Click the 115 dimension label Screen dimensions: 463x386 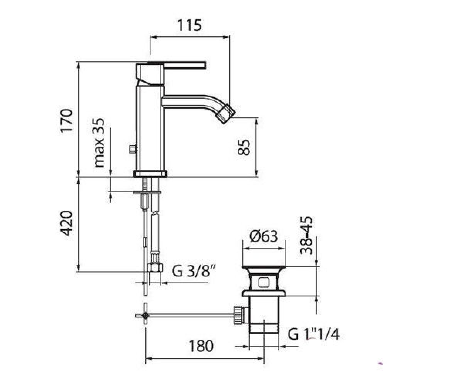pyautogui.click(x=189, y=25)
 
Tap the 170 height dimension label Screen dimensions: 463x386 pyautogui.click(x=66, y=121)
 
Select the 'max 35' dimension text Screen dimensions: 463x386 pyautogui.click(x=99, y=143)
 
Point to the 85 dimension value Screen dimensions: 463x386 pyautogui.click(x=244, y=147)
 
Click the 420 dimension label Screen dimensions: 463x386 pyautogui.click(x=66, y=223)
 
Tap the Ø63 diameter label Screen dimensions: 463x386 pyautogui.click(x=264, y=237)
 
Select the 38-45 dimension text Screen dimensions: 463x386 pyautogui.click(x=306, y=235)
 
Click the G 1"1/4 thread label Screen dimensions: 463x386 pyautogui.click(x=314, y=334)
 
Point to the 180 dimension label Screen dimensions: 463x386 pyautogui.click(x=201, y=346)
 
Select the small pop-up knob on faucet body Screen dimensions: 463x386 pyautogui.click(x=132, y=149)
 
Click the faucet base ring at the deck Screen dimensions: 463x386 pyautogui.click(x=150, y=174)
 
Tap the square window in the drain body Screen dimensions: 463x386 pyautogui.click(x=263, y=283)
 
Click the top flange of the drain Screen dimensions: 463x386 pyautogui.click(x=264, y=268)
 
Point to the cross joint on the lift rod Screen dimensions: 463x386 pyautogui.click(x=145, y=316)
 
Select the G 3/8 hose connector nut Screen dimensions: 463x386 pyautogui.click(x=155, y=267)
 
